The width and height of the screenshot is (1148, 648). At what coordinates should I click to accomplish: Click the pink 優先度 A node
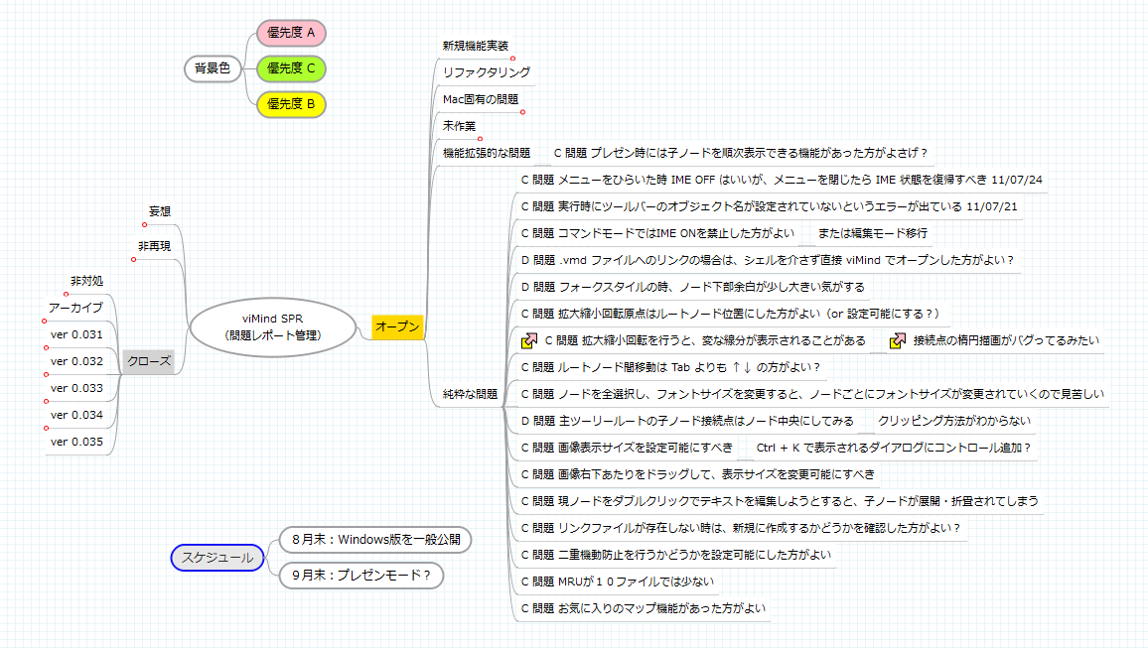[x=291, y=33]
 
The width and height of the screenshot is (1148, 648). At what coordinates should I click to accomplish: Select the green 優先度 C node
[x=291, y=68]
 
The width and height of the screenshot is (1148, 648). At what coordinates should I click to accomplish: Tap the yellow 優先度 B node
[x=291, y=104]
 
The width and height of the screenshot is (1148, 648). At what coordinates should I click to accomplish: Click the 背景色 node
[x=213, y=68]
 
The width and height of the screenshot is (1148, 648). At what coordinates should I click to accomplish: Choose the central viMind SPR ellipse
[x=272, y=326]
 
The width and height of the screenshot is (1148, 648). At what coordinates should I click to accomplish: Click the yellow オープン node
[x=397, y=326]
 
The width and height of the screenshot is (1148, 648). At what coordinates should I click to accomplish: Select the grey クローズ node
[x=149, y=361]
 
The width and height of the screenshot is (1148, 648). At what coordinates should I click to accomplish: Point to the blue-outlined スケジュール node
[x=217, y=558]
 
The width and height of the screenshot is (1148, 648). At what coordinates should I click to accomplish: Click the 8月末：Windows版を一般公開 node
[x=375, y=540]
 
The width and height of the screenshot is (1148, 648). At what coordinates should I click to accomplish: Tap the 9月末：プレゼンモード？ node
[x=361, y=576]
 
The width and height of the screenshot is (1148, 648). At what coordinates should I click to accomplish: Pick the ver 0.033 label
[x=76, y=388]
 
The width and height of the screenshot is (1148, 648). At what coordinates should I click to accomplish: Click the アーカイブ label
[x=76, y=308]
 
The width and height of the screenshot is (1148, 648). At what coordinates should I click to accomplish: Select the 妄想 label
[x=160, y=211]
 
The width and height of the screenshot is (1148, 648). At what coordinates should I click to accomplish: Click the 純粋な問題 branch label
[x=470, y=394]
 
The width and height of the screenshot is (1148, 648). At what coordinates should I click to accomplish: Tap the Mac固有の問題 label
[x=481, y=99]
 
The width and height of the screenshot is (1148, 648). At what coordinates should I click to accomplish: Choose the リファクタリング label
[x=487, y=72]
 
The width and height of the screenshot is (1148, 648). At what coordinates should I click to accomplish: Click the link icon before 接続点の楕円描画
[x=897, y=340]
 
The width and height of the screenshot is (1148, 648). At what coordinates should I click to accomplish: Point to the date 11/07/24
[x=1016, y=180]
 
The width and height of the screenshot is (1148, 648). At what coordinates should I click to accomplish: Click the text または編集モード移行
[x=872, y=233]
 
